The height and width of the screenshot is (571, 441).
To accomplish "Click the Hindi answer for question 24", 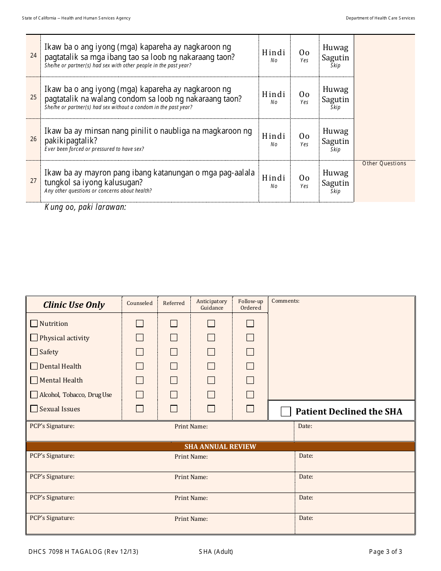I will click(274, 55).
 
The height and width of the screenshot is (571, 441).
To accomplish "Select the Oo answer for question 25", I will click(304, 97).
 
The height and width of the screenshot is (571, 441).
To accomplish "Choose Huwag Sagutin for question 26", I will click(335, 139).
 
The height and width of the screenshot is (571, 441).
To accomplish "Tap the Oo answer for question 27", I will click(304, 181).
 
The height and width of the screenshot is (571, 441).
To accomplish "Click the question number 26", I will click(33, 139).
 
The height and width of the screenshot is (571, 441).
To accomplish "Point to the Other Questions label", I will click(384, 163).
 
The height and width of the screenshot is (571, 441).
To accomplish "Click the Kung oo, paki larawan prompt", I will click(85, 207).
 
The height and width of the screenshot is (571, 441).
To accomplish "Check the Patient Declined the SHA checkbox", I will click(286, 412).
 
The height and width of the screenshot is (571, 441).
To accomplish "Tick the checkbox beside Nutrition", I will click(34, 324).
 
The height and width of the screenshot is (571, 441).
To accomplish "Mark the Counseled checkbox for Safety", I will click(140, 352).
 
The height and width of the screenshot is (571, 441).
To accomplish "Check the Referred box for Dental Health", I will click(174, 366).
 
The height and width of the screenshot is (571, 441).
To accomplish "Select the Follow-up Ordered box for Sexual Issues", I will click(250, 409).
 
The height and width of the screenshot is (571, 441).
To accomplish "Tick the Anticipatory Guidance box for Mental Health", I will click(211, 380).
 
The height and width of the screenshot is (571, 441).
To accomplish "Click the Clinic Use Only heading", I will click(74, 305).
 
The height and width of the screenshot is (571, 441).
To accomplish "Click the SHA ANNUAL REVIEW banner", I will click(220, 447).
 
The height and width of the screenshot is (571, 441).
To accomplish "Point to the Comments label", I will click(285, 301).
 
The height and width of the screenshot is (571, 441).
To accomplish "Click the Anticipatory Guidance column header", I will click(212, 305).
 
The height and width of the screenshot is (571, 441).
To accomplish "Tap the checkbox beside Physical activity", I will click(34, 338).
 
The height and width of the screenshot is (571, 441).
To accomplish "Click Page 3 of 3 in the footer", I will click(385, 552).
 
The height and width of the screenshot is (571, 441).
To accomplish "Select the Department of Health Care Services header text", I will click(380, 18).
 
